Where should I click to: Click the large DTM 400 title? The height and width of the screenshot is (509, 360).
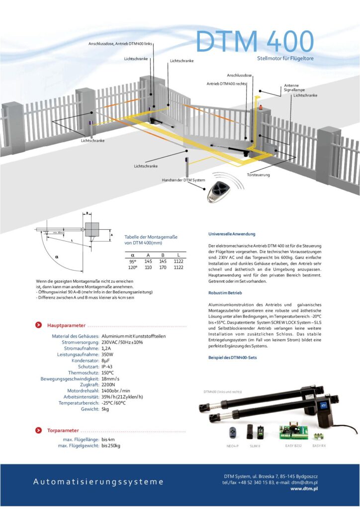(x=255, y=41)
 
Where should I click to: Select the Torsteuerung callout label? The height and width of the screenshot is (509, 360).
(x=259, y=175)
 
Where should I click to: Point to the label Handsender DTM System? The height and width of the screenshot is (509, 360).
(x=181, y=180)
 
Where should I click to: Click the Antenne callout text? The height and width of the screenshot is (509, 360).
(x=291, y=85)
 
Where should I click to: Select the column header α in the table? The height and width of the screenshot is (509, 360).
(x=132, y=254)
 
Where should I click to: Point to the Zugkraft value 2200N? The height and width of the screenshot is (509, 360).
(x=108, y=385)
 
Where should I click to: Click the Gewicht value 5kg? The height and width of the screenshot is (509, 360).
(x=105, y=409)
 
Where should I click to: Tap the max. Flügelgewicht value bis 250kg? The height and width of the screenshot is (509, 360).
(x=111, y=446)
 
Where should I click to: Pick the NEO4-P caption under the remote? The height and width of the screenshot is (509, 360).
(x=232, y=446)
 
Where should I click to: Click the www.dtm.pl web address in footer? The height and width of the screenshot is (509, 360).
(x=304, y=489)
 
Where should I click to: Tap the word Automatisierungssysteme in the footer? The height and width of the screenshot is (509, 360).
(x=98, y=482)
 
